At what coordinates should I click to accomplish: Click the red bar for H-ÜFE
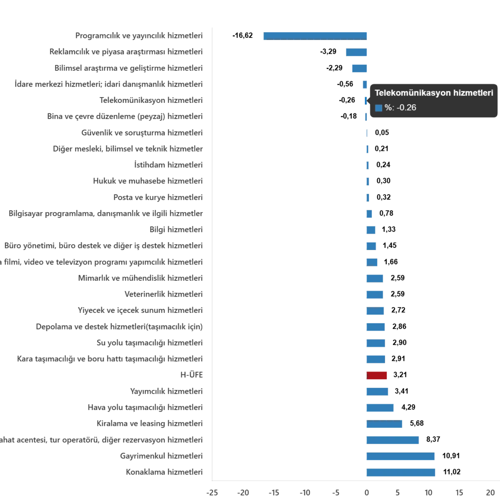tap(376, 375)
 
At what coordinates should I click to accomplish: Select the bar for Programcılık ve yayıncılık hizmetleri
tap(316, 36)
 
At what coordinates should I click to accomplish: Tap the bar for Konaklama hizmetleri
tap(400, 472)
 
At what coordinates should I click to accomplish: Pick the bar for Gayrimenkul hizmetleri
tap(400, 456)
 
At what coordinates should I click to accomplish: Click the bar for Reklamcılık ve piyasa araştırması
tap(356, 52)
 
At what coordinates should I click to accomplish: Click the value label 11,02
tap(453, 472)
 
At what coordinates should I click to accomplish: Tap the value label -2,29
tap(333, 68)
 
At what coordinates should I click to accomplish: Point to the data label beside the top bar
tap(242, 36)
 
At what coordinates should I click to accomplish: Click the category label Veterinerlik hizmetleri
tap(164, 295)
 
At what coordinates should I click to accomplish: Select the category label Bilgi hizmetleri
tap(175, 229)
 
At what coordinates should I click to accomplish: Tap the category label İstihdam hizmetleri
tap(168, 165)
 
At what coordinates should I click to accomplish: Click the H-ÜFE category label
tap(192, 375)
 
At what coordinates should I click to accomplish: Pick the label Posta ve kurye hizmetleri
tap(158, 197)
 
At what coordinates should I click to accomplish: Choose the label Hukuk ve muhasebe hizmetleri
tap(148, 181)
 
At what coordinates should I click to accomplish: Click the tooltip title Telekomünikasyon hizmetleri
tap(434, 93)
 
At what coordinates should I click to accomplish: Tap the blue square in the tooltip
tap(378, 108)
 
